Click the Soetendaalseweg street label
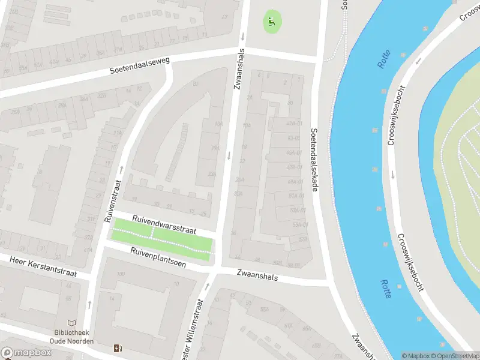tap(140, 65)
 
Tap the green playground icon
tap(272, 22)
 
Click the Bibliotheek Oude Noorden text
tap(72, 337)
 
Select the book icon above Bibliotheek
tap(72, 323)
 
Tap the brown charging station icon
tap(117, 348)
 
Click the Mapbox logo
tap(26, 353)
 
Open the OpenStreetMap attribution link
tap(458, 356)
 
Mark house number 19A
tap(215, 148)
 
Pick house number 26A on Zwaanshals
tap(240, 179)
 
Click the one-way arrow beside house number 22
tap(229, 156)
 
